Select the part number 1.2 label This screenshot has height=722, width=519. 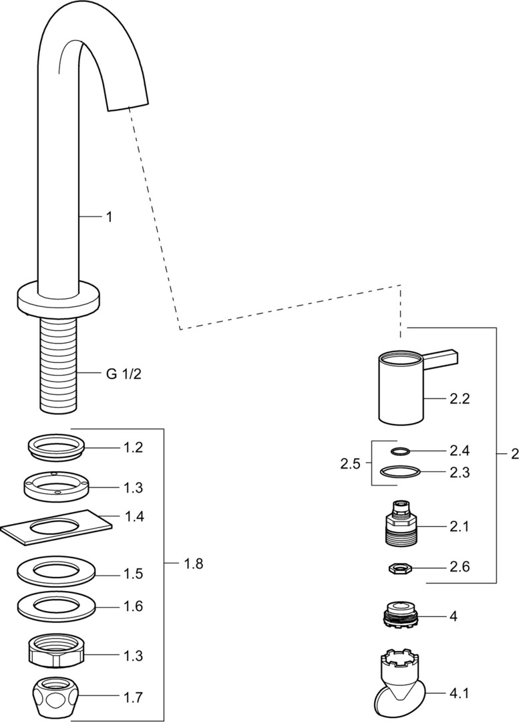click(x=133, y=448)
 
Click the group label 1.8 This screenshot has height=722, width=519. click(x=194, y=564)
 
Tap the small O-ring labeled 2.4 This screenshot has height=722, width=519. click(x=399, y=451)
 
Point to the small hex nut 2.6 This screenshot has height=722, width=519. click(x=401, y=568)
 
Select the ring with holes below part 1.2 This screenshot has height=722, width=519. click(x=56, y=487)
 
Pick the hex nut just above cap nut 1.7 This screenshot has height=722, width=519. click(x=56, y=651)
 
